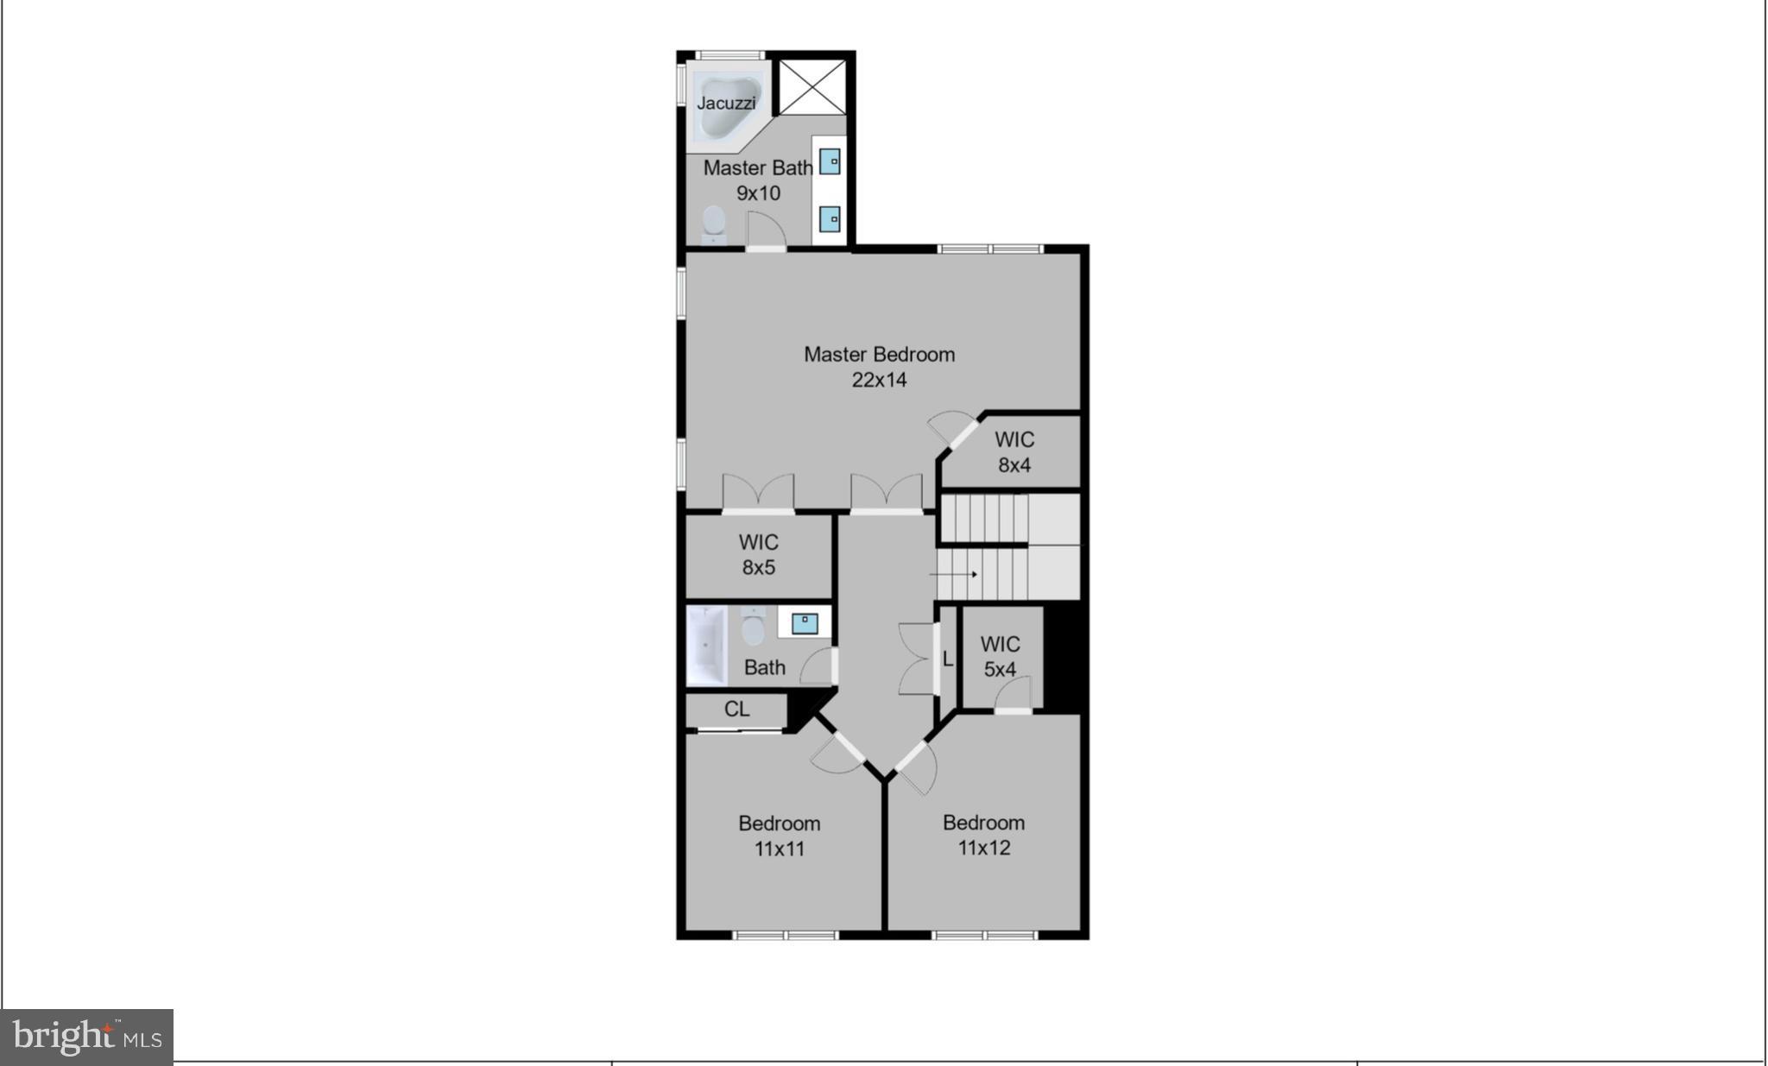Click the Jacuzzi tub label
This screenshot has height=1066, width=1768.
pos(726,103)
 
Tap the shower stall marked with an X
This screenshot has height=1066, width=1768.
pos(811,86)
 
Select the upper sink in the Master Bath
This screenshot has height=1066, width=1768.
pos(830,161)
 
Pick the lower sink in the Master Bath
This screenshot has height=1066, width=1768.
pos(830,219)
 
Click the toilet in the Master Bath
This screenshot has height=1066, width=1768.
pos(714,222)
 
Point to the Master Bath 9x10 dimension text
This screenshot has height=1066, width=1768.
pos(758,193)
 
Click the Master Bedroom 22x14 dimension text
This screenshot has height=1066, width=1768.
pos(879,380)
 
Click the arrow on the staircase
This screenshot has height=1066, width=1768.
pos(955,574)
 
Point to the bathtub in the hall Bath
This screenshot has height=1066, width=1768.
pos(707,645)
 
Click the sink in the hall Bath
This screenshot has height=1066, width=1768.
pos(805,622)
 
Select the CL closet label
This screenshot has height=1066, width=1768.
pos(736,710)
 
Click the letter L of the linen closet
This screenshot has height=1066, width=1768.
pos(947,659)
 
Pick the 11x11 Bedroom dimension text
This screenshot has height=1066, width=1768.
pos(779,849)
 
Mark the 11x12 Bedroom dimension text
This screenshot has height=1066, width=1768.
pos(983,848)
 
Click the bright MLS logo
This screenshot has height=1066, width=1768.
pos(86,1035)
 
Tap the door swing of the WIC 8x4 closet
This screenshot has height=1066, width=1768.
pos(949,426)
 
